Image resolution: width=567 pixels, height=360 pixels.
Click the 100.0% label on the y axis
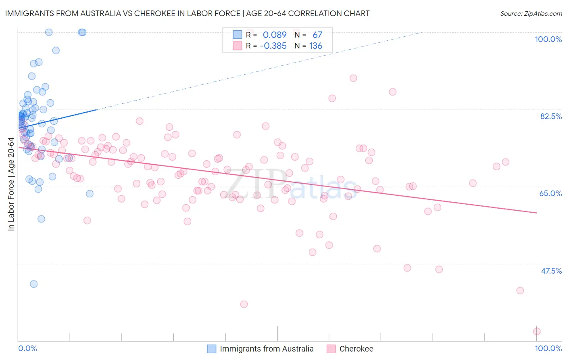tap(548, 39)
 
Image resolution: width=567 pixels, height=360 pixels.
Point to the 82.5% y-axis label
tap(550, 116)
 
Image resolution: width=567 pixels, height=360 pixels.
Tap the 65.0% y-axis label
tap(550, 193)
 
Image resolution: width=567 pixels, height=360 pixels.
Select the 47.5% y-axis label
tap(551, 271)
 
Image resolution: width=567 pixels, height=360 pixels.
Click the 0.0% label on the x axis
tap(27, 348)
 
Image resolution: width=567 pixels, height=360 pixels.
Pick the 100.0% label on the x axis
tap(548, 348)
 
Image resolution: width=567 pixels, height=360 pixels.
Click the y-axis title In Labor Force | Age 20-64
tap(11, 184)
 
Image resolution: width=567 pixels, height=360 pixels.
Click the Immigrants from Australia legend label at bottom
tap(267, 349)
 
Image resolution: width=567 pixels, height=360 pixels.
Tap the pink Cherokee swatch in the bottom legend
tap(331, 349)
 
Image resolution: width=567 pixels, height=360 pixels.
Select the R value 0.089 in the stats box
tap(275, 35)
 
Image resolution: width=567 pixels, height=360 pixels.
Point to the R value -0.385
tap(273, 46)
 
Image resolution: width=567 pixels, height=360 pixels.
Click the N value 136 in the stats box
tap(316, 46)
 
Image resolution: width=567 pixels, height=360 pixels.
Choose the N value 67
tap(317, 35)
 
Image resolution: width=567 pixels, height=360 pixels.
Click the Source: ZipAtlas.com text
tap(531, 14)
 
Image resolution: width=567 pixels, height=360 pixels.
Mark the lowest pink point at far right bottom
tap(537, 331)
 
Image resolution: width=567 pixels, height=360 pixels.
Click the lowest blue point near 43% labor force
tap(34, 284)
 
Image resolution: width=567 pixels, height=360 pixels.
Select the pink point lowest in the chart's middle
tap(244, 304)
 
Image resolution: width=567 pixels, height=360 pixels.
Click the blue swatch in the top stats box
tap(238, 35)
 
